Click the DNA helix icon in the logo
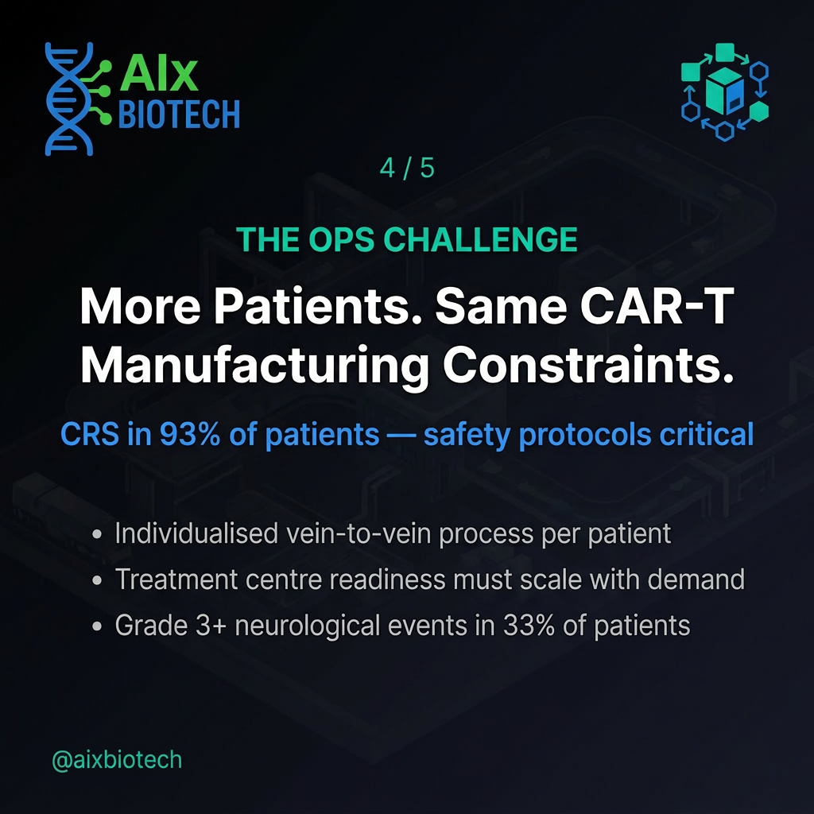68,99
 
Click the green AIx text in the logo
159,74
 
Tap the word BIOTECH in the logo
179,114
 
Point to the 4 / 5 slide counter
407,169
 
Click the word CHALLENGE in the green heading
480,239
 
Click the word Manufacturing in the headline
254,365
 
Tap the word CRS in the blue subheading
90,434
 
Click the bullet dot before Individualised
96,534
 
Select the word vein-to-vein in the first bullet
359,533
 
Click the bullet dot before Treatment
96,579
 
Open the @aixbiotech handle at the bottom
117,760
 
